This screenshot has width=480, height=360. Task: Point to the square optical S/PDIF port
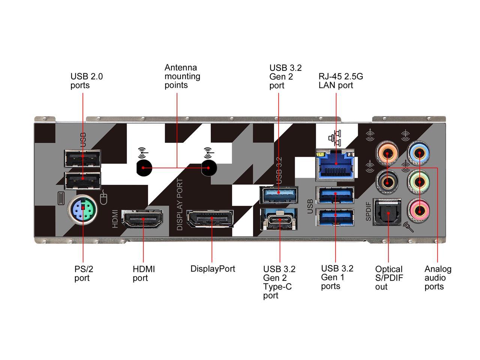(387, 213)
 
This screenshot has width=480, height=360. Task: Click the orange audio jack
(387, 153)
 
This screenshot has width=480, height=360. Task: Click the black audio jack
(387, 181)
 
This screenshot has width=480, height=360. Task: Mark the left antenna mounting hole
(144, 168)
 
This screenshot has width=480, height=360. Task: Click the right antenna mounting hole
(209, 168)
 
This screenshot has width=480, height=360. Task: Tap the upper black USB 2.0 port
(82, 158)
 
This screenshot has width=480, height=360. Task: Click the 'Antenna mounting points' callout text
(182, 76)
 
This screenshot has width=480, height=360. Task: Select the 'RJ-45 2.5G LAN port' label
(340, 81)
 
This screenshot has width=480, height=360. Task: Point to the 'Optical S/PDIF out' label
(389, 278)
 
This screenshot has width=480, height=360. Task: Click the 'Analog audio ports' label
(438, 277)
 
